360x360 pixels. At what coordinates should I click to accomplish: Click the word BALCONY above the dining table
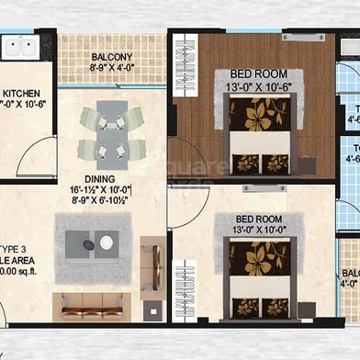(x=113, y=55)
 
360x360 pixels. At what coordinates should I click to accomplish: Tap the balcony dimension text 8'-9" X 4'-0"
(x=112, y=67)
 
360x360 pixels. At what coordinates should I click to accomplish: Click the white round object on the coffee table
(x=107, y=242)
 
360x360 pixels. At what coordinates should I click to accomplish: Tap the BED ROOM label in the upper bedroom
(x=259, y=74)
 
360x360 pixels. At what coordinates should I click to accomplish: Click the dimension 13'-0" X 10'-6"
(x=259, y=87)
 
